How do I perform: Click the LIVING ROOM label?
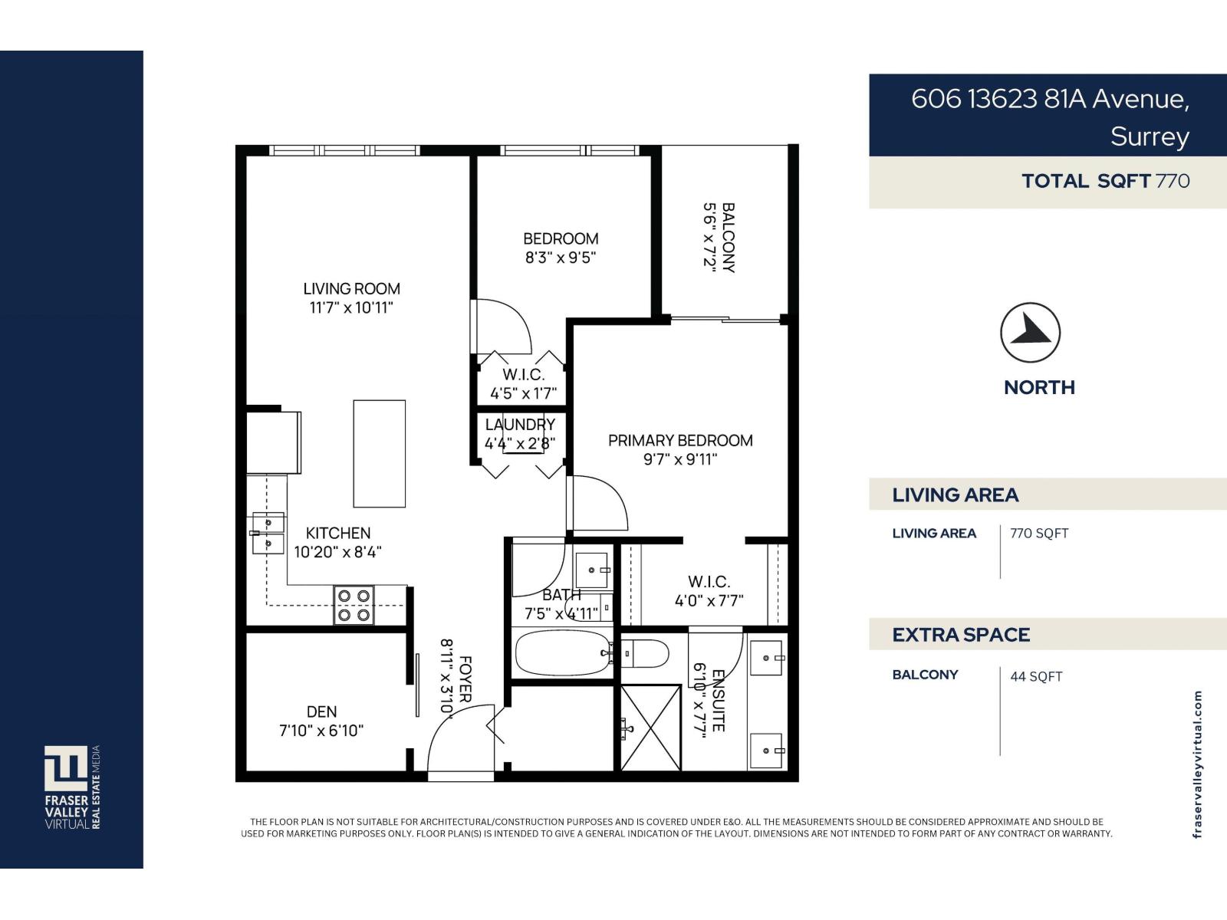pyautogui.click(x=351, y=289)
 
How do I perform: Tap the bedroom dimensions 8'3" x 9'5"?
pyautogui.click(x=560, y=258)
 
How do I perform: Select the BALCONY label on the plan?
pyautogui.click(x=729, y=237)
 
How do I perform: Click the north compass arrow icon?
pyautogui.click(x=1030, y=333)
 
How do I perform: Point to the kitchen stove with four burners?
pyautogui.click(x=354, y=605)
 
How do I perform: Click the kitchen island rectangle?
pyautogui.click(x=379, y=453)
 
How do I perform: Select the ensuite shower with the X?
pyautogui.click(x=650, y=728)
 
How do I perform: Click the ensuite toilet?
pyautogui.click(x=646, y=654)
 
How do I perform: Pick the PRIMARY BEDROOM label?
pyautogui.click(x=680, y=441)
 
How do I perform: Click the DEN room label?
pyautogui.click(x=321, y=711)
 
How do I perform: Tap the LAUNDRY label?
pyautogui.click(x=520, y=425)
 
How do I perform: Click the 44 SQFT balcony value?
pyautogui.click(x=1036, y=676)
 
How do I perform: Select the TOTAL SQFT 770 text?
pyautogui.click(x=1105, y=182)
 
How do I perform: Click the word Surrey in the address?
pyautogui.click(x=1149, y=136)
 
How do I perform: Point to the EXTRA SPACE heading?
pyautogui.click(x=961, y=635)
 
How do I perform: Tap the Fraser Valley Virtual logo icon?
pyautogui.click(x=65, y=767)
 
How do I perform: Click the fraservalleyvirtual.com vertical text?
pyautogui.click(x=1198, y=764)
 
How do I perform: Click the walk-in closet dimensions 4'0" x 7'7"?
pyautogui.click(x=709, y=601)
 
